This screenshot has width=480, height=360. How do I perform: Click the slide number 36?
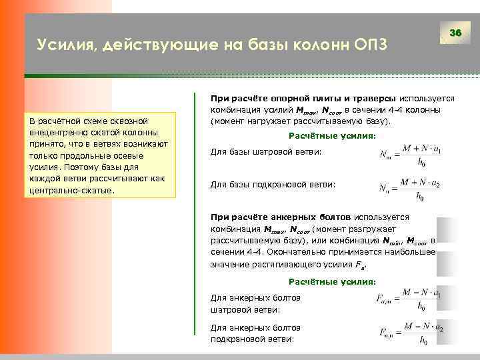click(x=456, y=33)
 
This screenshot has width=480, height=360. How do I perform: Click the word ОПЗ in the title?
click(x=366, y=45)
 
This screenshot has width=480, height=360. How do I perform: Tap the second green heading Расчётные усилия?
click(x=326, y=282)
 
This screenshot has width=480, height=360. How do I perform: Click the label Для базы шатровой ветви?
click(x=266, y=153)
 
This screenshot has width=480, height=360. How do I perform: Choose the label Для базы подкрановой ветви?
click(x=273, y=184)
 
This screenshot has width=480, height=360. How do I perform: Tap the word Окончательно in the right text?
click(x=305, y=252)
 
